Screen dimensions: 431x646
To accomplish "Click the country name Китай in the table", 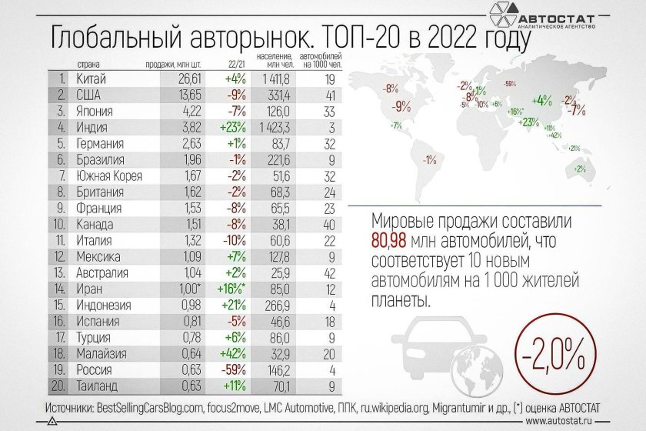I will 92,79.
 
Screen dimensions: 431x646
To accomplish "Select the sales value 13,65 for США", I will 175,95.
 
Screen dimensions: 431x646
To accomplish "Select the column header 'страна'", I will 89,64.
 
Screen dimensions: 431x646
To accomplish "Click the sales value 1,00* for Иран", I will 175,289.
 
